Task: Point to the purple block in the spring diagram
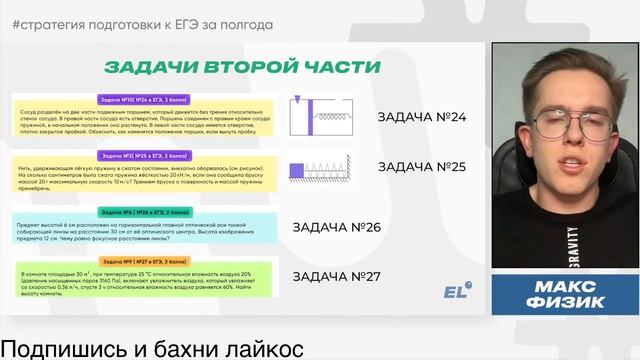pos(296,171)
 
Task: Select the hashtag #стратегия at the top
pos(54,23)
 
